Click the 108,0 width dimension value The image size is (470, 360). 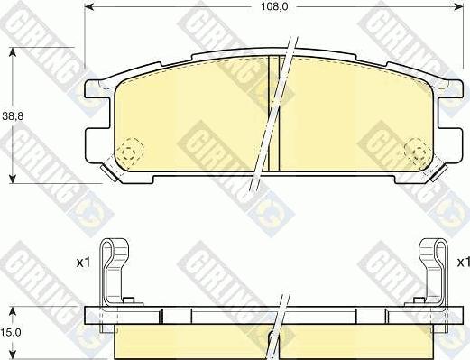pos(274,7)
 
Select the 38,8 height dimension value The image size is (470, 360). pos(13,116)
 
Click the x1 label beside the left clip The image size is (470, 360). pos(83,263)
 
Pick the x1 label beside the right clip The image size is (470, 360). pos(464,263)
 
